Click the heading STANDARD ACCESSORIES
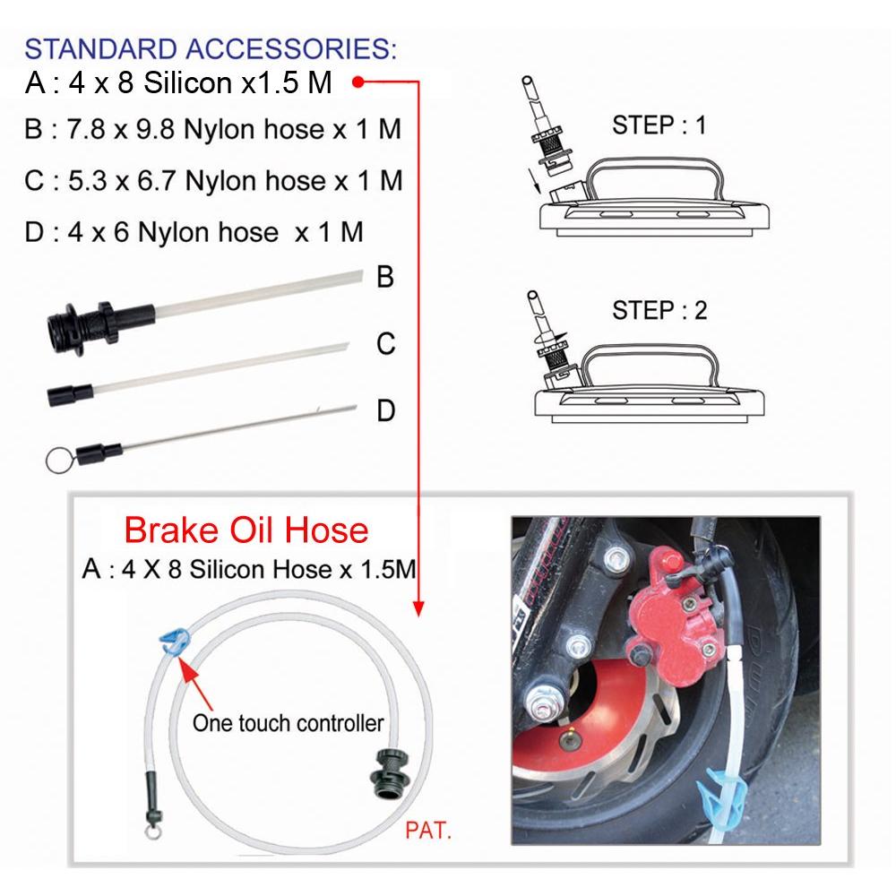(211, 48)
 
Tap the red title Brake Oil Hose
(246, 530)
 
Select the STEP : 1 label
(659, 125)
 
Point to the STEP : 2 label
(659, 310)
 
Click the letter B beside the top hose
(385, 277)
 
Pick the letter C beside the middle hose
(385, 344)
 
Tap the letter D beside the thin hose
(385, 411)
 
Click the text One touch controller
(288, 723)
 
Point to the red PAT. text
(428, 831)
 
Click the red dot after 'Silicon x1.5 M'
(358, 82)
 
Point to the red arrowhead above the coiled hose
(418, 608)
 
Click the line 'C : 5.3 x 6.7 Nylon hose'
(214, 181)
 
